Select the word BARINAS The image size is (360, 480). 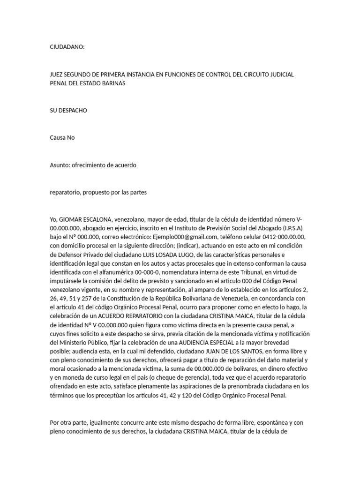tap(112, 83)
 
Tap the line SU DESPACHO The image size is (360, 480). tap(68, 111)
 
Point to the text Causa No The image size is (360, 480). tap(62, 138)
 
